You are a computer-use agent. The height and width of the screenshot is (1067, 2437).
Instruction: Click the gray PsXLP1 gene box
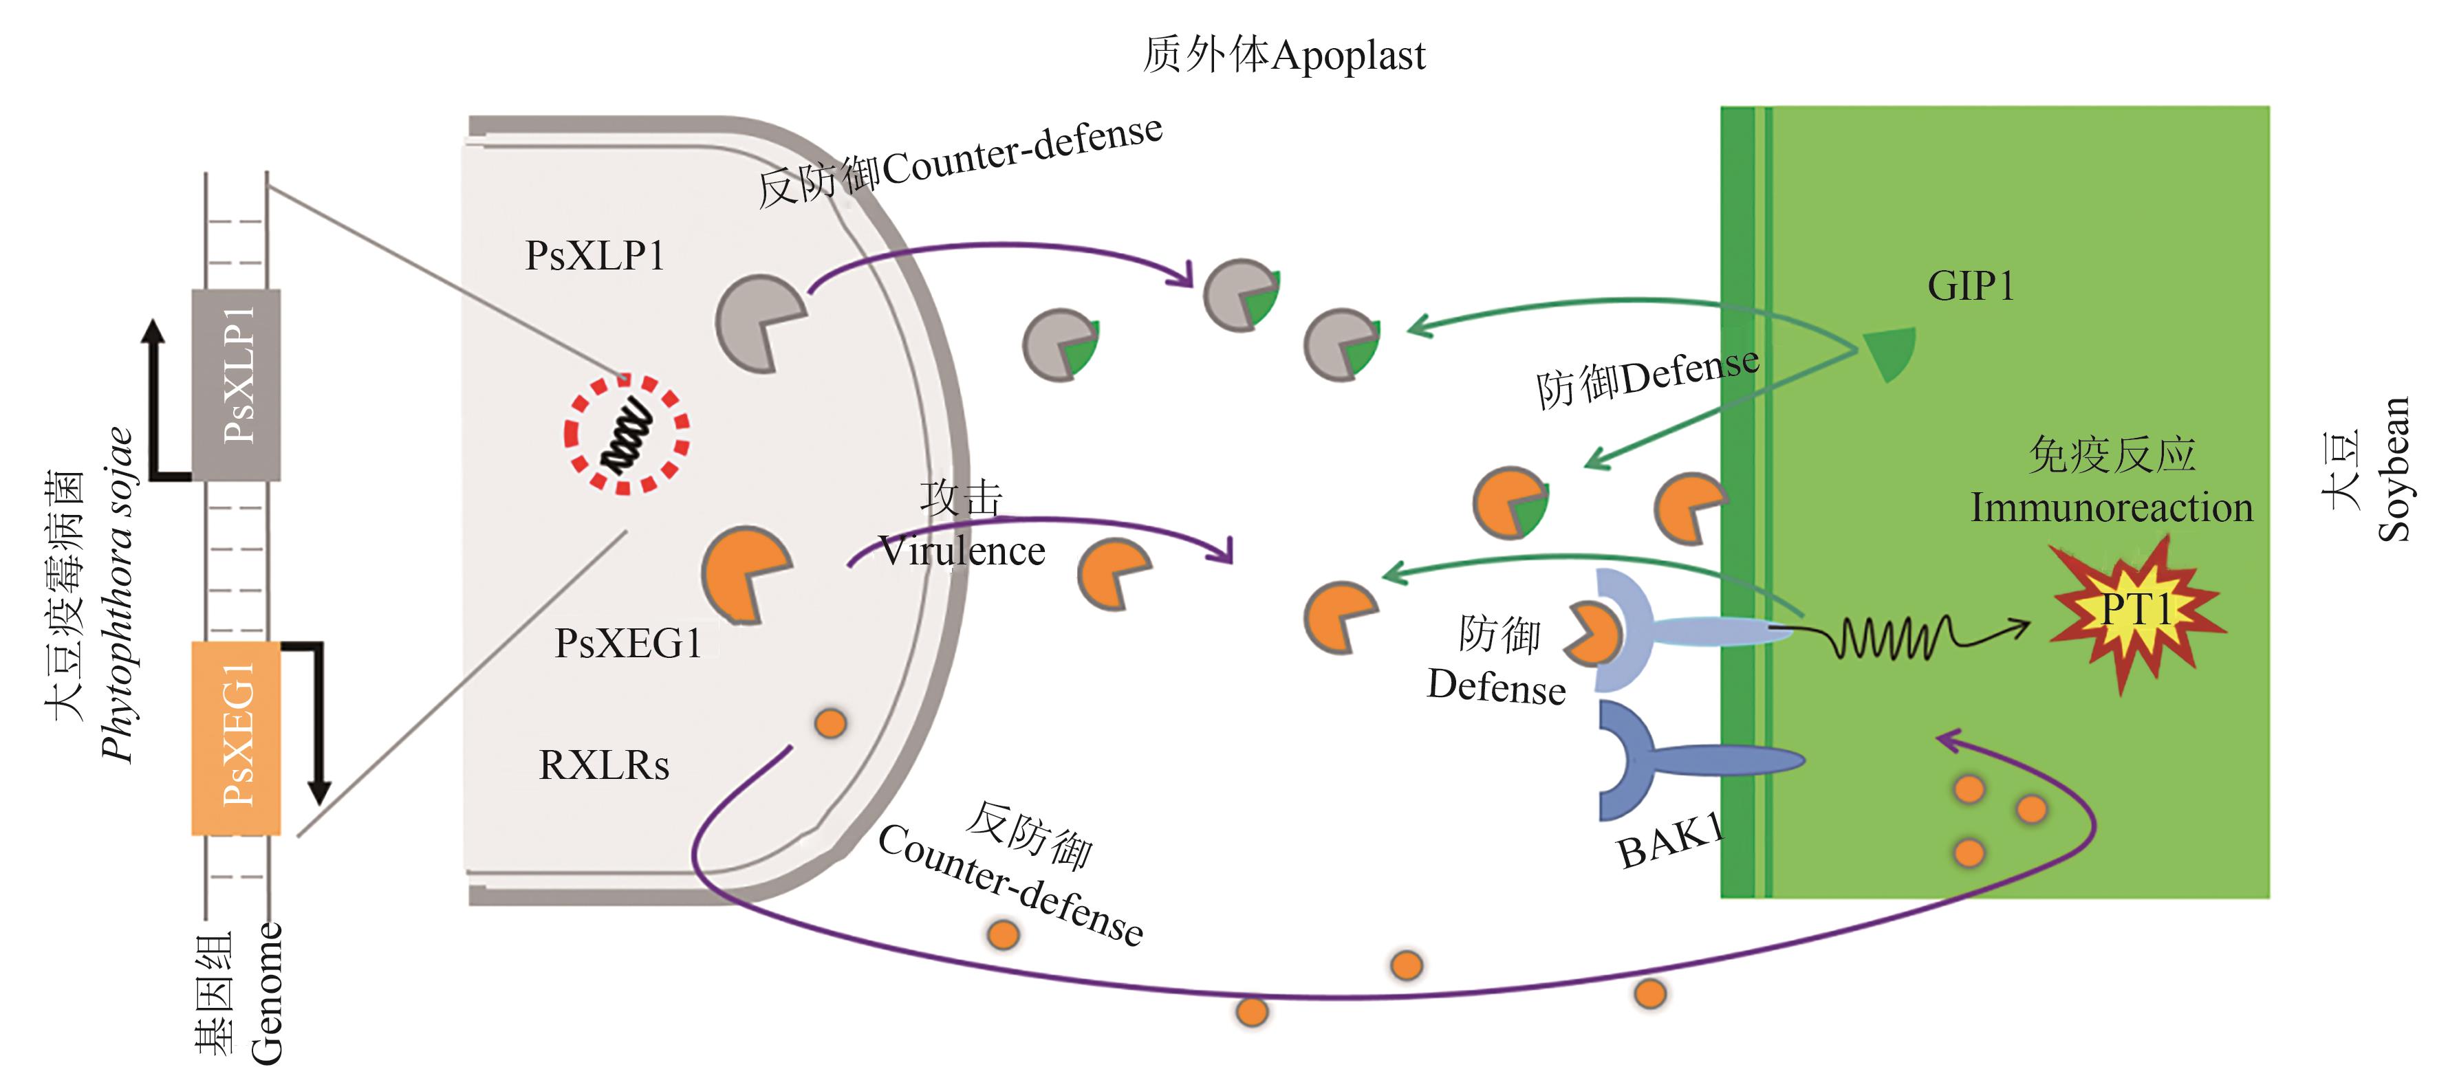coord(237,383)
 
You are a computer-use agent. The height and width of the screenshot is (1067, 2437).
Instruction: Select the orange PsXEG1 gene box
coord(237,738)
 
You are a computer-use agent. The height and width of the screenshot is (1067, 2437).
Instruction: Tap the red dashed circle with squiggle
coord(627,435)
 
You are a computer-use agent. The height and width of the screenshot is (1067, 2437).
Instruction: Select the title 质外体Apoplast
coord(1284,55)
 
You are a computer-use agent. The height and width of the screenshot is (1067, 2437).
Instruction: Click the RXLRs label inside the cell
coord(603,765)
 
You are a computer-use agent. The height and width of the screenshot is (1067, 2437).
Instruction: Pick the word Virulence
coord(961,551)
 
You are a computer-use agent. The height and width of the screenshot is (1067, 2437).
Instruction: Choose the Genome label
coord(267,993)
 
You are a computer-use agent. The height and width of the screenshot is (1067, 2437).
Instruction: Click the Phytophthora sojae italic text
coord(118,596)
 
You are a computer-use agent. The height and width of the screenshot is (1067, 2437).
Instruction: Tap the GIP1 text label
coord(1970,286)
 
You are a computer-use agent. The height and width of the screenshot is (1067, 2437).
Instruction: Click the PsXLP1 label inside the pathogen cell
coord(595,255)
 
